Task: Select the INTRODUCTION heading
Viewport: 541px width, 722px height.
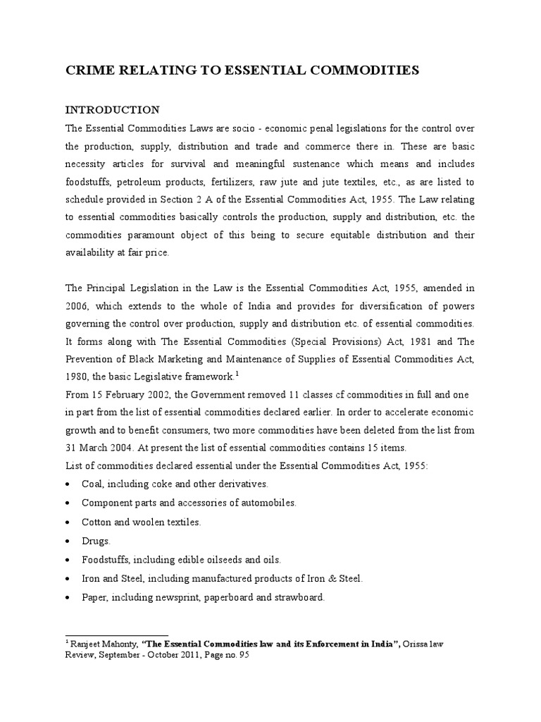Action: click(113, 110)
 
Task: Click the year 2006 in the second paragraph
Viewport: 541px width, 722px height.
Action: click(79, 306)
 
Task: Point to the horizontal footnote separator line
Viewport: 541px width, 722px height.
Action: click(117, 635)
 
